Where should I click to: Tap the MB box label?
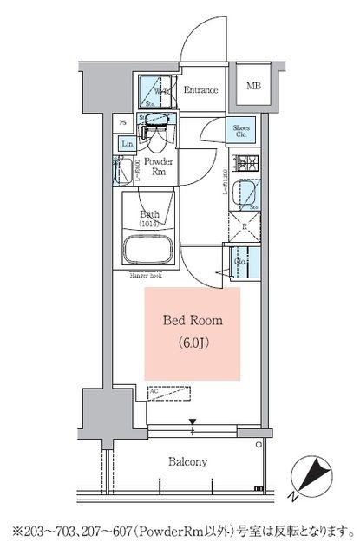(252, 87)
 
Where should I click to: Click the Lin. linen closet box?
(128, 143)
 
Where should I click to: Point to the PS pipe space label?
(124, 123)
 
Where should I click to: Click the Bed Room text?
(193, 321)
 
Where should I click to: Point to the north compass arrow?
(317, 477)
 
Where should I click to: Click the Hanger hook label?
(147, 275)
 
